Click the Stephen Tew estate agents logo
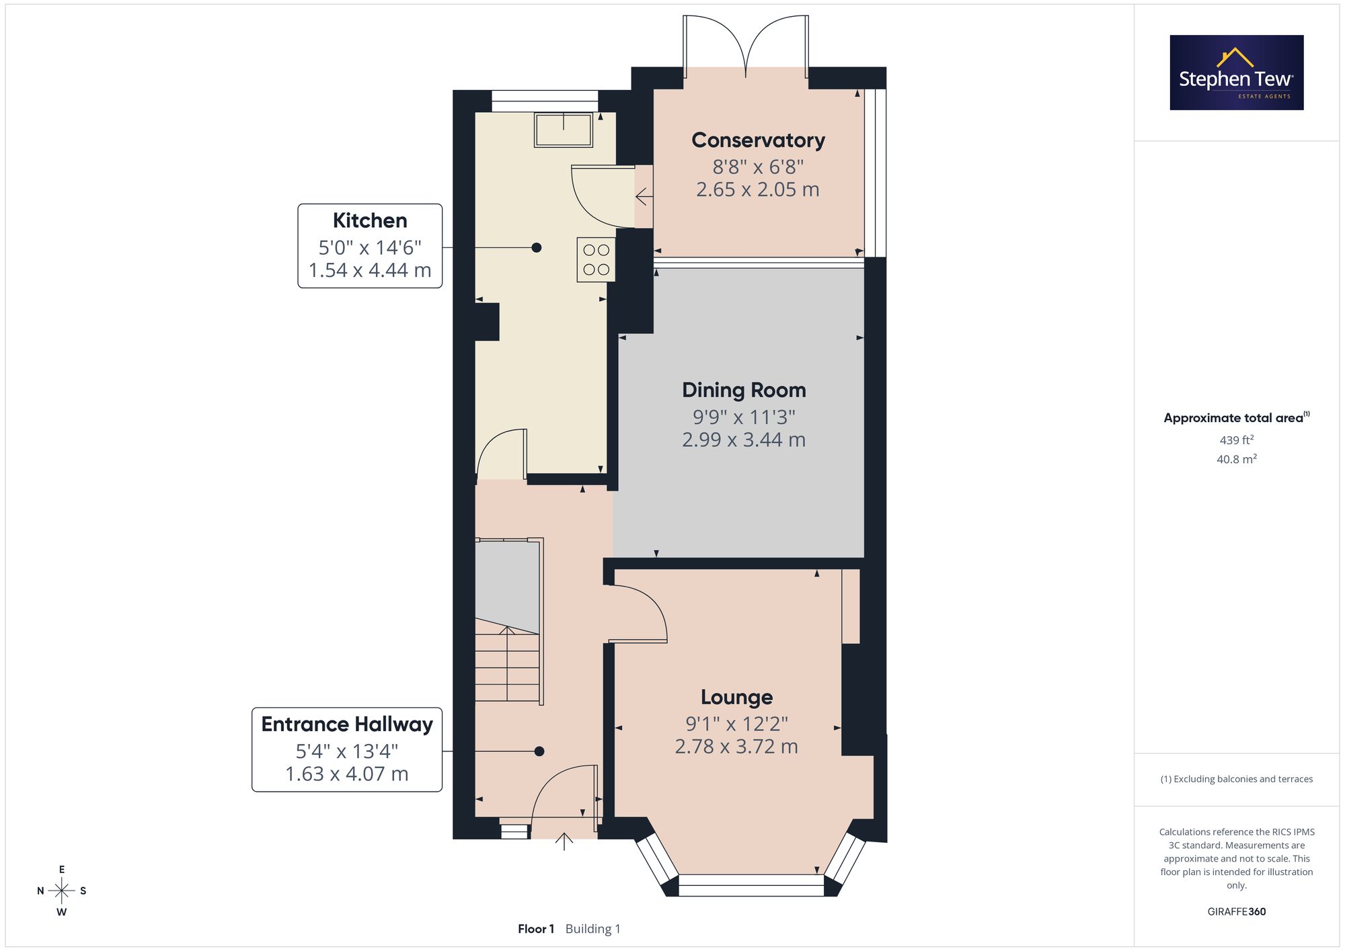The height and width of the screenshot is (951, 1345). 1237,73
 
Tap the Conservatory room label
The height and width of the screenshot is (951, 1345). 758,140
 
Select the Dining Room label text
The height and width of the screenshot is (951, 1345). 744,390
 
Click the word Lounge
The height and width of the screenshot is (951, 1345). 736,697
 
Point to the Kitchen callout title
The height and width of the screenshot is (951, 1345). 370,220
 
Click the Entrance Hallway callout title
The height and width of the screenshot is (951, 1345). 347,724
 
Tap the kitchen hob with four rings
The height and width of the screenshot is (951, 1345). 596,259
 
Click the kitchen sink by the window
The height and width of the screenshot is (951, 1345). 564,130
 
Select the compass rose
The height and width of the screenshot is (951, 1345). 62,891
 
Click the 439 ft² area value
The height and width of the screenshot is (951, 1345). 1237,440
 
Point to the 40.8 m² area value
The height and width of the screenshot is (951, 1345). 1237,459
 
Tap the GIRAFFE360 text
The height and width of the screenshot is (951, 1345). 1237,911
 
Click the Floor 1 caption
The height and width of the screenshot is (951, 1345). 536,929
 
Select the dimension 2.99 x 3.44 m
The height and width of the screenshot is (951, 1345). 744,440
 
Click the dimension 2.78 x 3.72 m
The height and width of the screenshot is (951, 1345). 736,747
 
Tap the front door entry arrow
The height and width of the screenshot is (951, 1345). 564,841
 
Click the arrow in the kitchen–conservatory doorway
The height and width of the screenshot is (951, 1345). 644,197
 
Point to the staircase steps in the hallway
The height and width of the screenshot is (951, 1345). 508,663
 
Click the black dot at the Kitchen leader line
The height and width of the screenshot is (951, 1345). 537,247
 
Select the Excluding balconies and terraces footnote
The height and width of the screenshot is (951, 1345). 1237,779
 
